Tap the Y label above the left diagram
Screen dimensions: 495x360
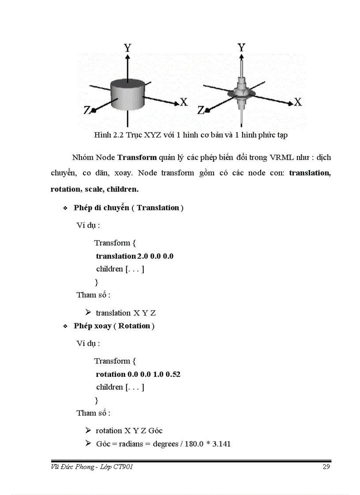tap(127, 48)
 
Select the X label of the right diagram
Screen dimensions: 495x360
tap(298, 102)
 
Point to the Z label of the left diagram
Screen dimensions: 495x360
tap(87, 110)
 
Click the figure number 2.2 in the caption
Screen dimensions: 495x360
tap(116, 135)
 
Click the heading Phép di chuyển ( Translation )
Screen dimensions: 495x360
tap(128, 208)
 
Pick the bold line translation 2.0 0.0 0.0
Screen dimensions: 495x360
tap(135, 256)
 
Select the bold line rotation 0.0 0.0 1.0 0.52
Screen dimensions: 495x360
tap(138, 374)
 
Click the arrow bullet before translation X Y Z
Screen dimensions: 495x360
tap(88, 313)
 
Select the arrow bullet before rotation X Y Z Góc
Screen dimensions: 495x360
tap(88, 430)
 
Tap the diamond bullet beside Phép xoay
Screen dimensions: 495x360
tap(65, 327)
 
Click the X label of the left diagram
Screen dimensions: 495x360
tap(184, 102)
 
